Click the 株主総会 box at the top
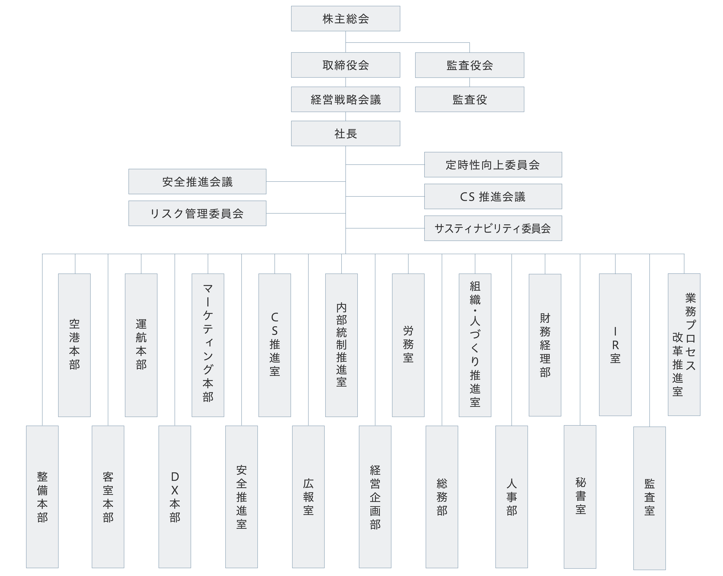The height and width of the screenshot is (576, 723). click(345, 19)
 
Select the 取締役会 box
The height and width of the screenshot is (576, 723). click(345, 65)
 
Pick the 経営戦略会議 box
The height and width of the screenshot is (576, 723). click(345, 100)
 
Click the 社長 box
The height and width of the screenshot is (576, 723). click(345, 134)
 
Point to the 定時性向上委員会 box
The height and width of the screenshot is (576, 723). click(493, 165)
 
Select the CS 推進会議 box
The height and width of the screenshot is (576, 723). click(493, 197)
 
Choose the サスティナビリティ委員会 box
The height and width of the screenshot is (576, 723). click(493, 228)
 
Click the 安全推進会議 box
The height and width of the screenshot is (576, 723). click(197, 181)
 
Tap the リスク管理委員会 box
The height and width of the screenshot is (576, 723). click(197, 213)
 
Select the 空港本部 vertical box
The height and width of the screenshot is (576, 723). click(74, 345)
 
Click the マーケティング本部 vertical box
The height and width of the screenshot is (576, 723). click(208, 345)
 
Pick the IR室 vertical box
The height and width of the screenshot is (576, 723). click(615, 345)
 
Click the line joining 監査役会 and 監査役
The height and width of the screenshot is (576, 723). click(469, 82)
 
